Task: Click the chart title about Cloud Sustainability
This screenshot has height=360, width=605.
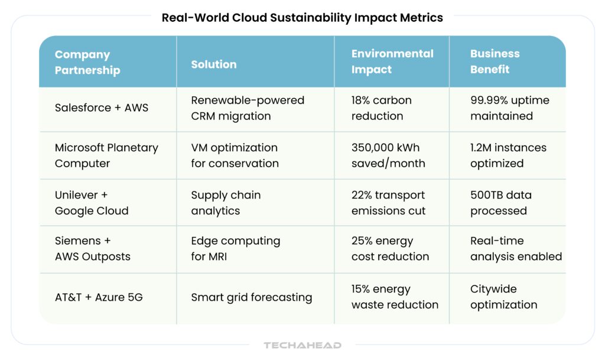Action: coord(302,18)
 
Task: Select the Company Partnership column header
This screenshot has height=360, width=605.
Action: coord(87,62)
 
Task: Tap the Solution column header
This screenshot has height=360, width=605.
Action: coord(214,64)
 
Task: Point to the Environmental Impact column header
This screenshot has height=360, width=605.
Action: coord(392,61)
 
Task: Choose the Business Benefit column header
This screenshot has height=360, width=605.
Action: coord(495,61)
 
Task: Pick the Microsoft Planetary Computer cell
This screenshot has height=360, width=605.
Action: coord(106,155)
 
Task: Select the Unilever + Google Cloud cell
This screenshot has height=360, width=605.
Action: coord(92,203)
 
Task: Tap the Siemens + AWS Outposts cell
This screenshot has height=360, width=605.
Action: coord(93,249)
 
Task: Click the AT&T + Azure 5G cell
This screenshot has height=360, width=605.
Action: coord(99,297)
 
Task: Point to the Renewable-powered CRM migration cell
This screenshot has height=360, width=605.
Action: coord(248,108)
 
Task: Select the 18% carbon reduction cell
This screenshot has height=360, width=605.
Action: coord(381,108)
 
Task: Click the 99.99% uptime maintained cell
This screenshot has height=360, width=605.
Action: coord(509,108)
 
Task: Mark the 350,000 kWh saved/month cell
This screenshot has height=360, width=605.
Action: coord(388,155)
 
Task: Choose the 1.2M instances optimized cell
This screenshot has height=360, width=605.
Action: coord(508,155)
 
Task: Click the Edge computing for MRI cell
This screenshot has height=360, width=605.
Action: coord(235,249)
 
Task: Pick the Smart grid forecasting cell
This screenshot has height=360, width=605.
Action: coord(251,297)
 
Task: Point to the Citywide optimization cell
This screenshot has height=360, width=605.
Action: coord(503,297)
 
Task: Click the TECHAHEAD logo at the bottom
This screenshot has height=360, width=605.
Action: coord(302,345)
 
